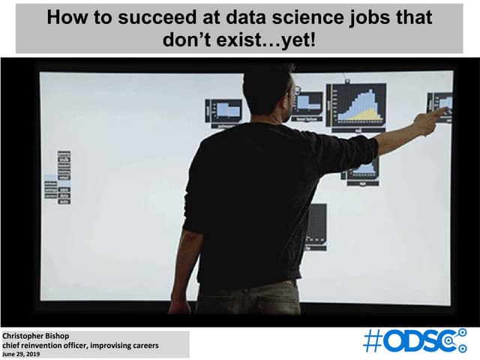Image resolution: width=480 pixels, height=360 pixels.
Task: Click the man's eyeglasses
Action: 297,91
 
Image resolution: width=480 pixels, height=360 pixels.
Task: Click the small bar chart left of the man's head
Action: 223,112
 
